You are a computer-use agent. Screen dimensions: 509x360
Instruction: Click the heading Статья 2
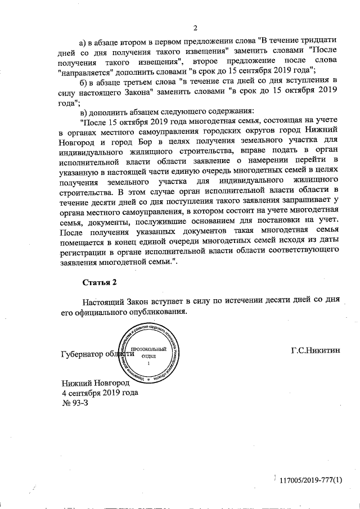98,281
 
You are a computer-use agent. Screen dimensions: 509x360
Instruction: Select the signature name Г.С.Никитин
316,350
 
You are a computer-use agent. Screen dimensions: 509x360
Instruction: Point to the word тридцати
321,41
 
